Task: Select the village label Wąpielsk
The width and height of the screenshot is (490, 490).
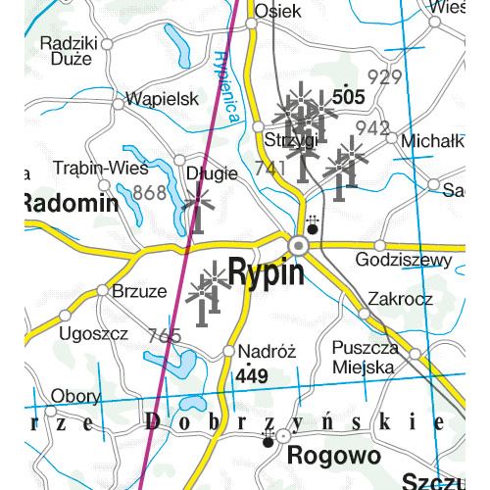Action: [x=163, y=99]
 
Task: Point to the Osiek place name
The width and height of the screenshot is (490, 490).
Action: [x=274, y=11]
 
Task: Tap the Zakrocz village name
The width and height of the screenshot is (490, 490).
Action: [x=400, y=298]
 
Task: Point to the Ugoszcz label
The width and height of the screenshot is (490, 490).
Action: [x=94, y=333]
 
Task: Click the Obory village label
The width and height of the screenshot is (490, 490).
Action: [x=75, y=396]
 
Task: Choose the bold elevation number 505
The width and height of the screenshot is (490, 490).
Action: [x=348, y=98]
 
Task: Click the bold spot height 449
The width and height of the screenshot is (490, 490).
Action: [x=251, y=376]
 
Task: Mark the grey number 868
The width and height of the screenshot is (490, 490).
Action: [x=150, y=193]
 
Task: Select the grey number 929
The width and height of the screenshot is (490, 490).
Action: [x=384, y=77]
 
